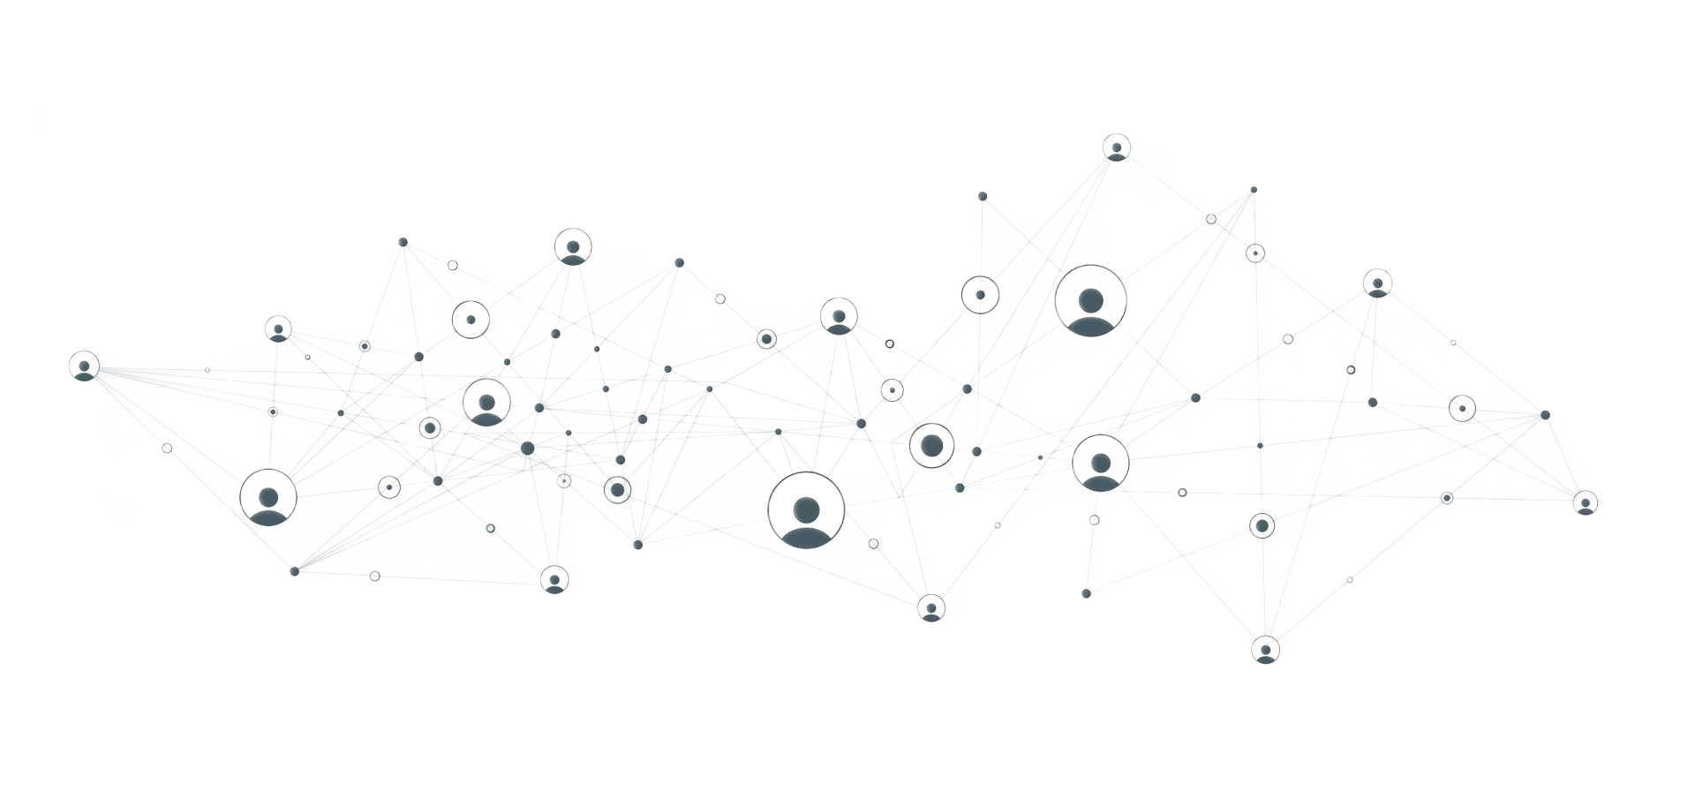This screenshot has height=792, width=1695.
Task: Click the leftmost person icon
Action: [84, 366]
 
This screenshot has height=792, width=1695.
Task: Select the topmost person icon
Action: [1117, 147]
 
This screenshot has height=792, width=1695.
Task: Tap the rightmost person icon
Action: [1586, 503]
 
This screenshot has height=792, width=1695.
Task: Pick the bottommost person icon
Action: [1266, 651]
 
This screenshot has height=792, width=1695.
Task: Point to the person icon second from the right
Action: [1377, 283]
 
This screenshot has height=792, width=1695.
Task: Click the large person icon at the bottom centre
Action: [805, 512]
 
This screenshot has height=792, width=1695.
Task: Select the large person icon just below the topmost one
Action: [1091, 303]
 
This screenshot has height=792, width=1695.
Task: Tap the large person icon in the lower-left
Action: [268, 498]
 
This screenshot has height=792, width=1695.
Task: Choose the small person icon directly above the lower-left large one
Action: [278, 328]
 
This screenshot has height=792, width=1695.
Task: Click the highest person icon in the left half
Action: [572, 245]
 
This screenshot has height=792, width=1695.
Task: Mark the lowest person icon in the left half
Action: [554, 580]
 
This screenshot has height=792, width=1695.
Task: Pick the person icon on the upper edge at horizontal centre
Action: [838, 315]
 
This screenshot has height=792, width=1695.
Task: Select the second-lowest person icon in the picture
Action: [930, 607]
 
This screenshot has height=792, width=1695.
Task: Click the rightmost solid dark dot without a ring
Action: [1546, 414]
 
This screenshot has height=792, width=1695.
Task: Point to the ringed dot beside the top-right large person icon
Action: [978, 294]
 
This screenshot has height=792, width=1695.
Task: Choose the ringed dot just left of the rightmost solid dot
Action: [1462, 408]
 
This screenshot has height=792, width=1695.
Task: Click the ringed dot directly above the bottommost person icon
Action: [1262, 526]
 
